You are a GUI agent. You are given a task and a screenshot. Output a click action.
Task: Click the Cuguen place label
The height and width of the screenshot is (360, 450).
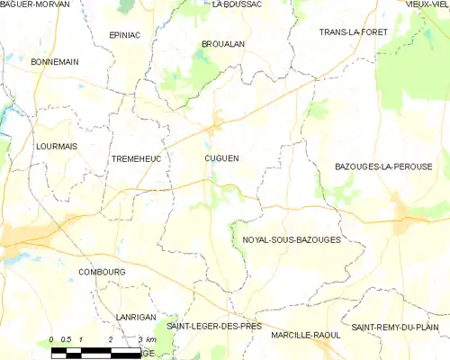pyautogui.click(x=221, y=158)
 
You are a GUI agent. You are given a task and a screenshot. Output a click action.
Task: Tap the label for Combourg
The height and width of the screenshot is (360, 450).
pyautogui.click(x=101, y=271)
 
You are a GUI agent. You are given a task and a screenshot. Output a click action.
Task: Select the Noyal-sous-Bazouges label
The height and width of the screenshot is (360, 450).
pyautogui.click(x=292, y=240)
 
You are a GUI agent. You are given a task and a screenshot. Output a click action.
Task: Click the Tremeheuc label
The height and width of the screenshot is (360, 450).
pyautogui.click(x=135, y=158)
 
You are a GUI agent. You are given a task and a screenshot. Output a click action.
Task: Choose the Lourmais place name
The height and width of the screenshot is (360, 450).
pyautogui.click(x=56, y=145)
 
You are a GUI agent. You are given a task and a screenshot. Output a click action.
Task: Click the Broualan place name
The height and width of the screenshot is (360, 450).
pyautogui.click(x=223, y=43)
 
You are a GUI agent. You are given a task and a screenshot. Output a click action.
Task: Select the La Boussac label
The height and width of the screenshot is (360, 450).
pyautogui.click(x=237, y=4)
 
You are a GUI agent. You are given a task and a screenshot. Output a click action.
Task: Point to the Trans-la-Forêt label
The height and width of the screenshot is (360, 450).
pyautogui.click(x=352, y=32)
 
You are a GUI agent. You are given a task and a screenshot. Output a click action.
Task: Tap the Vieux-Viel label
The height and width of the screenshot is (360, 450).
pyautogui.click(x=427, y=4)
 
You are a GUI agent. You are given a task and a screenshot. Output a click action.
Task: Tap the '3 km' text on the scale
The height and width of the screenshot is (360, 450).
pyautogui.click(x=147, y=339)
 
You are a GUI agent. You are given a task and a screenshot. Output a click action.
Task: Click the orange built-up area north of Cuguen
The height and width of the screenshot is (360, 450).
pyautogui.click(x=216, y=124)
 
